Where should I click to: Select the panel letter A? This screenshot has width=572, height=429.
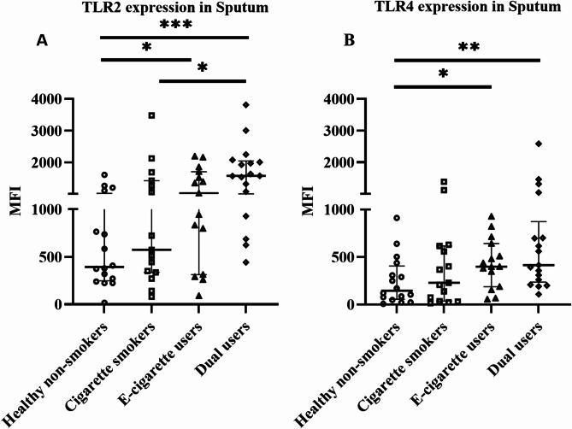point(41,41)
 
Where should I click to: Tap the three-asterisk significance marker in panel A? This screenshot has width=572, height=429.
point(174,26)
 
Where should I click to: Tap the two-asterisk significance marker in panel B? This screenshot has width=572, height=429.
point(468,48)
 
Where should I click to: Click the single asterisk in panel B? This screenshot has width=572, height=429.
point(443,75)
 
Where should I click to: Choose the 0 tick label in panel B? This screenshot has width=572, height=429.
point(373,304)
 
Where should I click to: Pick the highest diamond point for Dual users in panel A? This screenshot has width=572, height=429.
point(246,104)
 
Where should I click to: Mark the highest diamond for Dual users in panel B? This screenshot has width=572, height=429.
point(539,144)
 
